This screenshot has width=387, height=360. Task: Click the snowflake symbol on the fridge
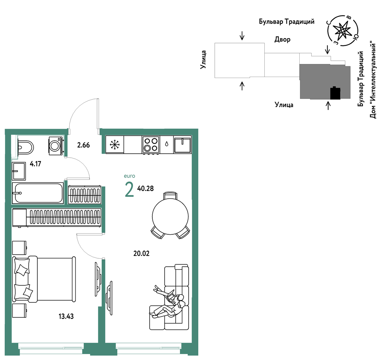[114, 145]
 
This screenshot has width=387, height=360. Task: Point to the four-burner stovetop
[151, 145]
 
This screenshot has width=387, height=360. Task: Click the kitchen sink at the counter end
[182, 145]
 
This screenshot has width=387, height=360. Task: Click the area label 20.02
[141, 253]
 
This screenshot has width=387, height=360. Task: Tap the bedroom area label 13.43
[66, 316]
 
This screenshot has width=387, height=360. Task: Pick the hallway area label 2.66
[83, 145]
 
